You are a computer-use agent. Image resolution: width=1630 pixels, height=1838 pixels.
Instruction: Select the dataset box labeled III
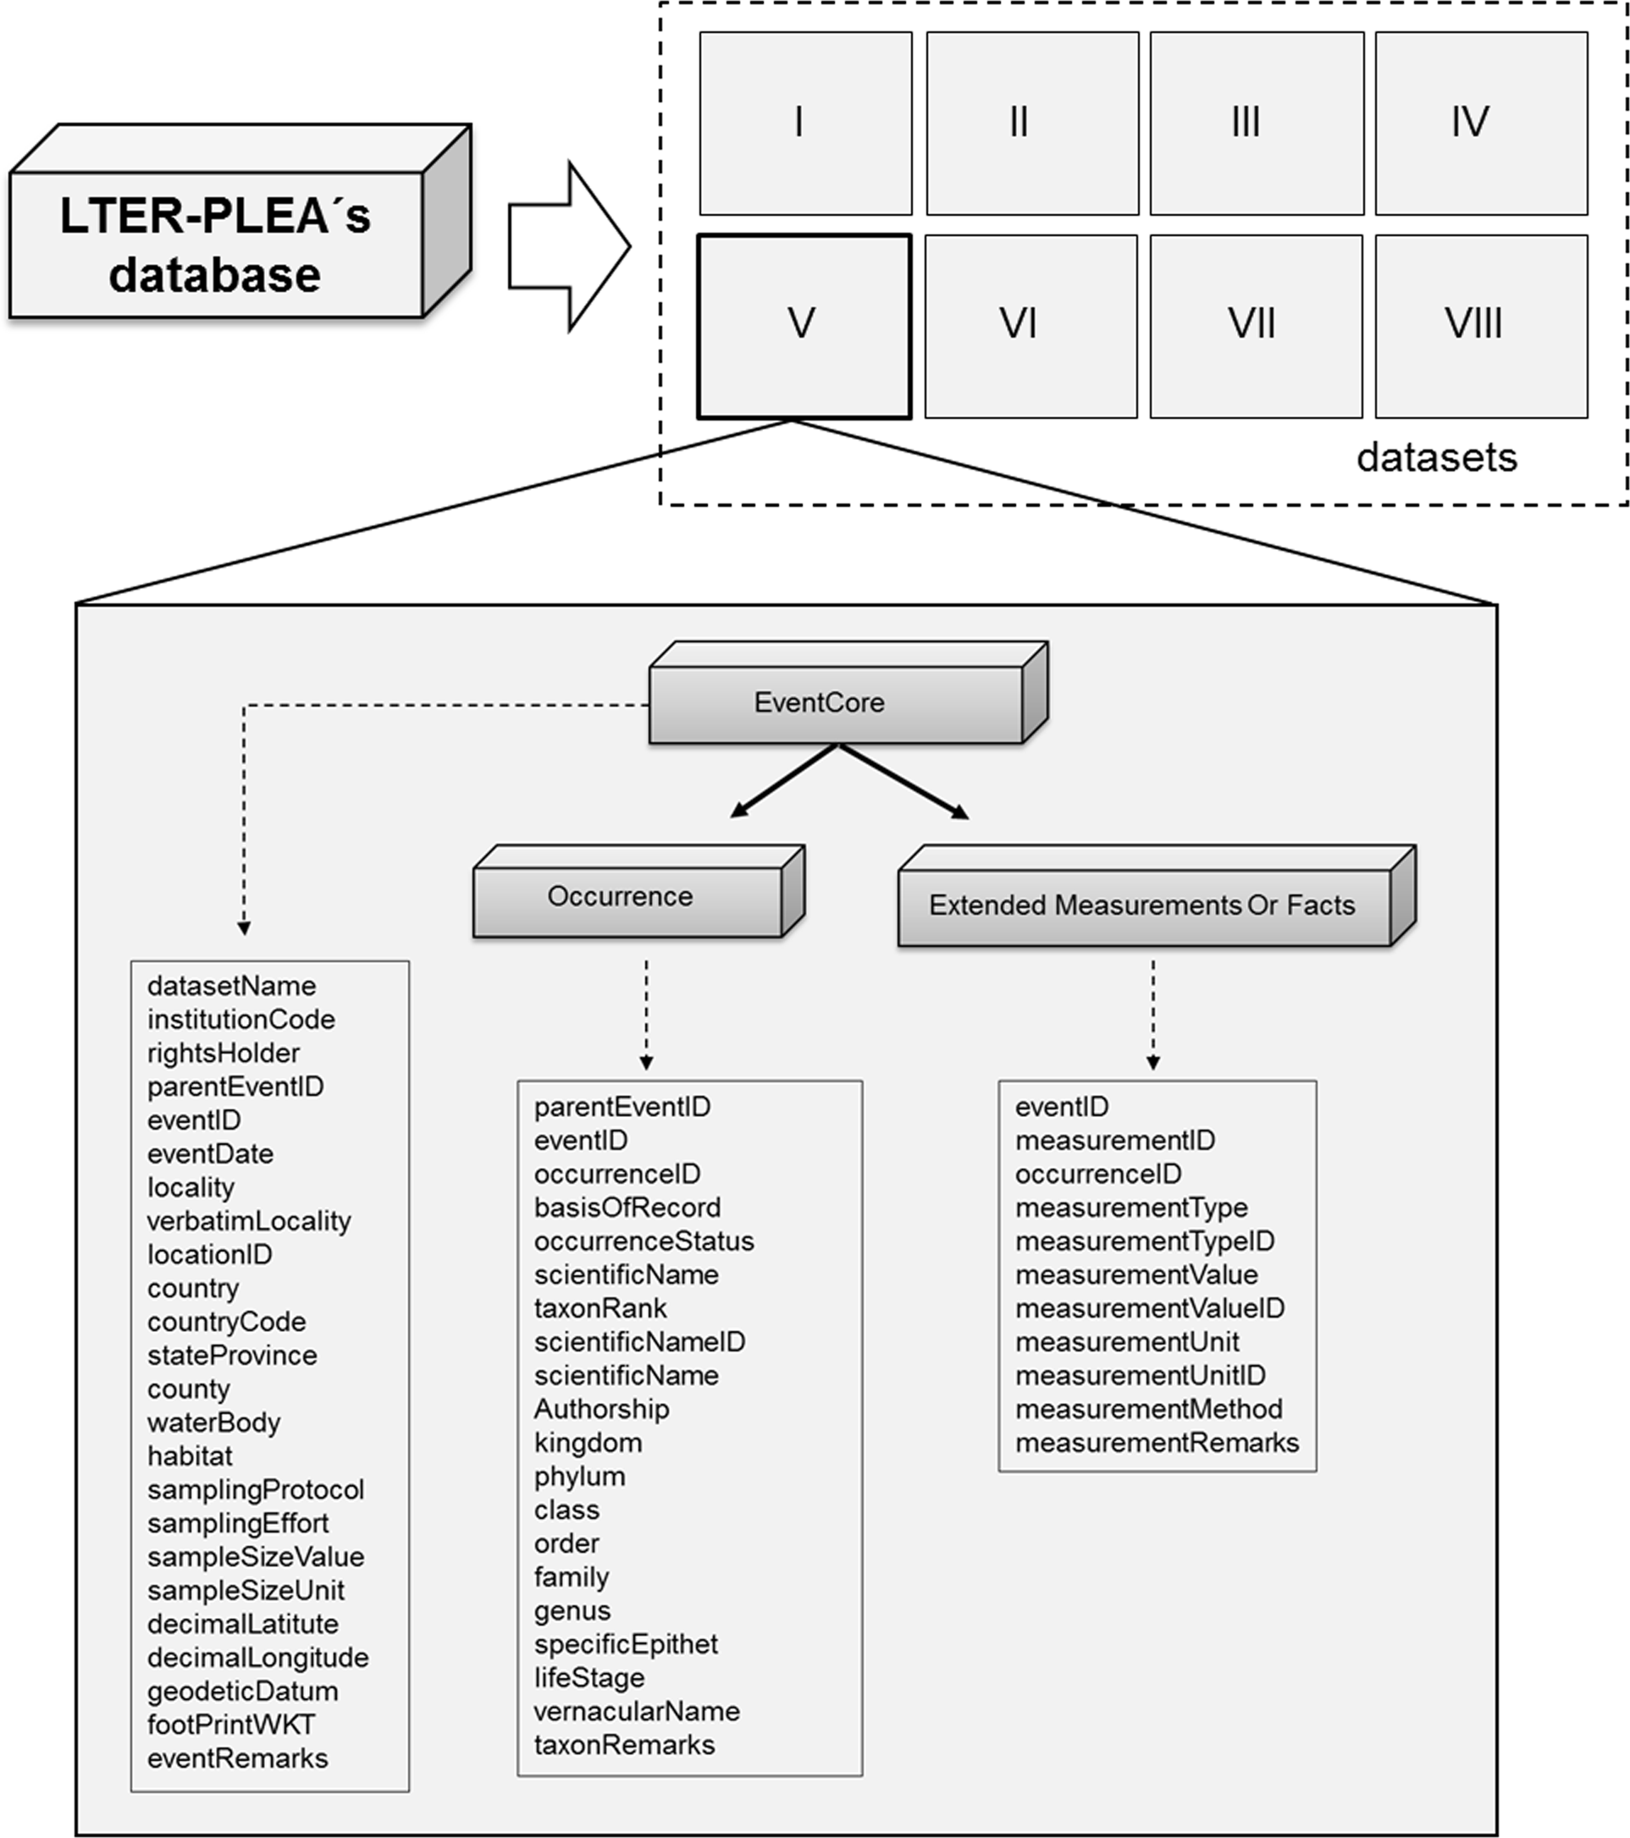pyautogui.click(x=1256, y=124)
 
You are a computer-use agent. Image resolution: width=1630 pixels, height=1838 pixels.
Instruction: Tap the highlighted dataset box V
pyautogui.click(x=804, y=327)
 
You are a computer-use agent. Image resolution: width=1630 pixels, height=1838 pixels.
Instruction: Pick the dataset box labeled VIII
pyautogui.click(x=1481, y=327)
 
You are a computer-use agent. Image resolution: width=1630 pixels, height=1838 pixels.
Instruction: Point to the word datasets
pyautogui.click(x=1437, y=458)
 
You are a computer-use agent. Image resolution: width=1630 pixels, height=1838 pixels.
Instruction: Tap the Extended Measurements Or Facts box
pyautogui.click(x=1143, y=905)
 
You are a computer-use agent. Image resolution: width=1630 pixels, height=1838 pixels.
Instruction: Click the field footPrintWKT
pyautogui.click(x=231, y=1724)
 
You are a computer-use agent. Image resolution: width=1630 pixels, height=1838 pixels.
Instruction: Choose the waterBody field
pyautogui.click(x=214, y=1422)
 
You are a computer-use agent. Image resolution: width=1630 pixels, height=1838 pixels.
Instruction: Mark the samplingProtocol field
pyautogui.click(x=256, y=1489)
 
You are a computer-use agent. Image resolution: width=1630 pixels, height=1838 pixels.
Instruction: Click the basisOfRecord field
pyautogui.click(x=627, y=1207)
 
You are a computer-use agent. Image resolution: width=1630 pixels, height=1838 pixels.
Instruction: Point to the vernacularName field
pyautogui.click(x=636, y=1710)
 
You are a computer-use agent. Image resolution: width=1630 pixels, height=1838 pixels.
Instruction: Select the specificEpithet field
pyautogui.click(x=625, y=1643)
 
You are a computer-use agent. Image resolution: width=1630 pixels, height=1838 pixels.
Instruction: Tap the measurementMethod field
pyautogui.click(x=1149, y=1408)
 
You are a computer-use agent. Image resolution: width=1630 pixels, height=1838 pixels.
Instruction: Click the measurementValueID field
pyautogui.click(x=1150, y=1307)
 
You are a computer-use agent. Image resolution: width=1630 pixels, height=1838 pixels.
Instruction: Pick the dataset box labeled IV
pyautogui.click(x=1481, y=124)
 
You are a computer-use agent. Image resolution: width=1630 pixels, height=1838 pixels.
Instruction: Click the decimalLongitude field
pyautogui.click(x=258, y=1657)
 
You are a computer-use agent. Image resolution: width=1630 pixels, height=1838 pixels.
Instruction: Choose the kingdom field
pyautogui.click(x=588, y=1442)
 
